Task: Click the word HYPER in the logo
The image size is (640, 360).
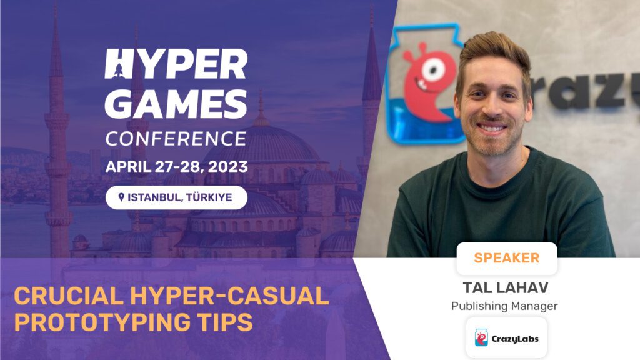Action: coord(176,64)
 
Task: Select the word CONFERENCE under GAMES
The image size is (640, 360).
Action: coord(176,138)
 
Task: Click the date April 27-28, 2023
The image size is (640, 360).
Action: coord(176,167)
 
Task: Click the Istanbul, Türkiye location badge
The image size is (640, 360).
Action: coord(176,197)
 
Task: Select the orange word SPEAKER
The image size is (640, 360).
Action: coord(506,257)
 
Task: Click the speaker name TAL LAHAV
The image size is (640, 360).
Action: coord(505,287)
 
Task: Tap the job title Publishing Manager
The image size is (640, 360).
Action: coord(504,306)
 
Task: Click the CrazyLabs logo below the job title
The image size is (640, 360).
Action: coord(506,338)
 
